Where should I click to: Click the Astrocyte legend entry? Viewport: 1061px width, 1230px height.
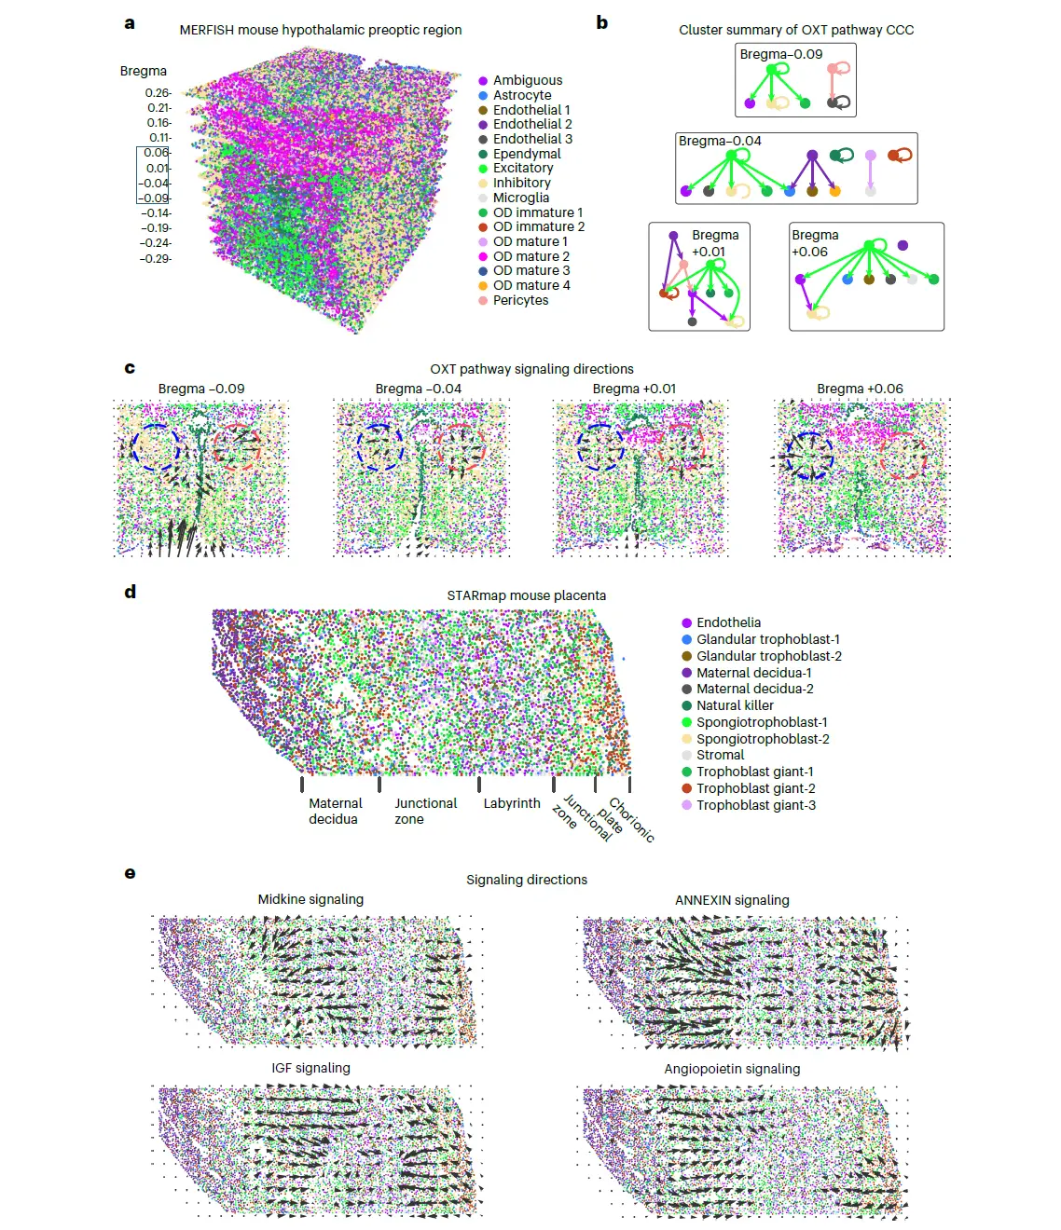point(521,95)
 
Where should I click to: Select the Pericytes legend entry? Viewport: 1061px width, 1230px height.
point(520,300)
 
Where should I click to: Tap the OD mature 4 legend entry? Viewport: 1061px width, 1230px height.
point(530,285)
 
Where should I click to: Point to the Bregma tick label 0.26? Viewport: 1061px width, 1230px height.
point(158,93)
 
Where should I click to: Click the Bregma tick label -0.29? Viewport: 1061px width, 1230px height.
point(156,259)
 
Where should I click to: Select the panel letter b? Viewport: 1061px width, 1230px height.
point(602,22)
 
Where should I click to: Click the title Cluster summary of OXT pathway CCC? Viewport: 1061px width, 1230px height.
point(795,30)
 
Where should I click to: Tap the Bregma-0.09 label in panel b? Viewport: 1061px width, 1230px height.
point(780,54)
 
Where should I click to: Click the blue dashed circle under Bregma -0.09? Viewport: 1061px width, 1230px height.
point(156,447)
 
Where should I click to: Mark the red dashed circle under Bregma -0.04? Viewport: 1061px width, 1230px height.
point(461,447)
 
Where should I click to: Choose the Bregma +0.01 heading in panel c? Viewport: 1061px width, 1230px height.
point(634,389)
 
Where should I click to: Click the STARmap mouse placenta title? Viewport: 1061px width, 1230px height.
point(526,595)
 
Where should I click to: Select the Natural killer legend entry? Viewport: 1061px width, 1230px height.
point(734,705)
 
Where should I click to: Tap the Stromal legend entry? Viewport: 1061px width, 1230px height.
point(720,755)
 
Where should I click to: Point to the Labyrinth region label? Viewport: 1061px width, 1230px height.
point(511,803)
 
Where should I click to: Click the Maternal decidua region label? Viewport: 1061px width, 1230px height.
point(335,811)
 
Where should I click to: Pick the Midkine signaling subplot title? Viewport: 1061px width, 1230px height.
point(310,899)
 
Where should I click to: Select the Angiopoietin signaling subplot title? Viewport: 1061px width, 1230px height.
point(732,1069)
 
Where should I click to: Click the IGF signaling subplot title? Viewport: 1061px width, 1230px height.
point(310,1068)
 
